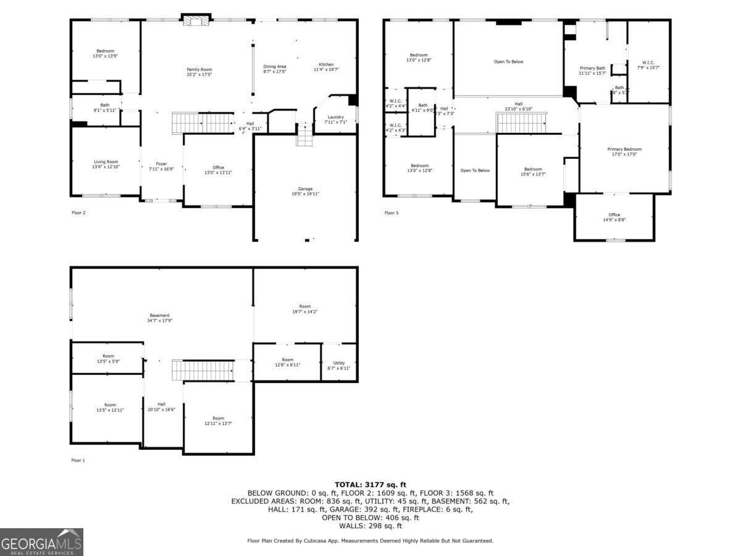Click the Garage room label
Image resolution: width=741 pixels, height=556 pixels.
point(306,191)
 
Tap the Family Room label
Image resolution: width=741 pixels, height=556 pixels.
point(199,72)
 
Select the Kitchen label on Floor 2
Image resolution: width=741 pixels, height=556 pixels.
point(326,67)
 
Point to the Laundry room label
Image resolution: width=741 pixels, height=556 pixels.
point(336,119)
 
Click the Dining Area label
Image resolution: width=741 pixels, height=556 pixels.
point(275,69)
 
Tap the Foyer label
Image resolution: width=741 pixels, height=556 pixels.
point(157,166)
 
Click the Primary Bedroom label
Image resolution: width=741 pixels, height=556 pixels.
point(624,151)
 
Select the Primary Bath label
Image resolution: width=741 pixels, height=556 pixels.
point(592,70)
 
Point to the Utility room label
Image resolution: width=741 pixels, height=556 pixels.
point(339,366)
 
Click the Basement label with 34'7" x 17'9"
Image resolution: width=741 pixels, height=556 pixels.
point(159,318)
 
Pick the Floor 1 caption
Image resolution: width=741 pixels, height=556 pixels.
point(78,460)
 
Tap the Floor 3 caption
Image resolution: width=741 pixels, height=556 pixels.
point(390,213)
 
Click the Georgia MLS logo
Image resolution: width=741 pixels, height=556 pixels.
point(41,542)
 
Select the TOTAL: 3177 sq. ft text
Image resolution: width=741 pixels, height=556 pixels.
point(371,484)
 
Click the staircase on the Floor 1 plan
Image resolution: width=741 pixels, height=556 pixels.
point(203,371)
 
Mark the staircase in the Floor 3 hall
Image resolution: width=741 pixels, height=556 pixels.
point(522,123)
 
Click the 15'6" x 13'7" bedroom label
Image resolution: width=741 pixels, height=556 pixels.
point(533,172)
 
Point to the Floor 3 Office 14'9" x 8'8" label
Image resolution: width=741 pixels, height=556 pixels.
point(614,217)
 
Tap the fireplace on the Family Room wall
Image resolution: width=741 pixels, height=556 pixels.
point(196,20)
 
